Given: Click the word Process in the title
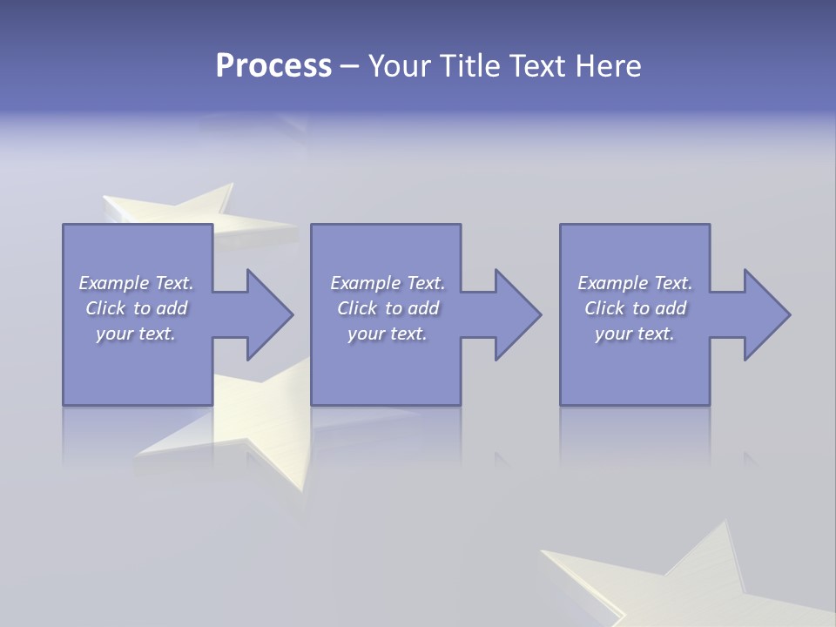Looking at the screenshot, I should (x=273, y=65).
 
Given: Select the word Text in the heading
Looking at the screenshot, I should (x=539, y=65).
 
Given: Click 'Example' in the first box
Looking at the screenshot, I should (x=113, y=283).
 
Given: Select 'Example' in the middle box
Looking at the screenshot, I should (x=365, y=283).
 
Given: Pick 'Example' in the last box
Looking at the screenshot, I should (x=612, y=283).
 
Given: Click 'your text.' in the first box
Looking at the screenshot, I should (x=136, y=334).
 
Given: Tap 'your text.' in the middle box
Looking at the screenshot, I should (x=388, y=334).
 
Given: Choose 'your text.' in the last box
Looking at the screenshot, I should (x=635, y=334).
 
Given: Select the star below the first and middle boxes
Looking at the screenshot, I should (x=261, y=427).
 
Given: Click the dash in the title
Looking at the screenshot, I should (x=349, y=66).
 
